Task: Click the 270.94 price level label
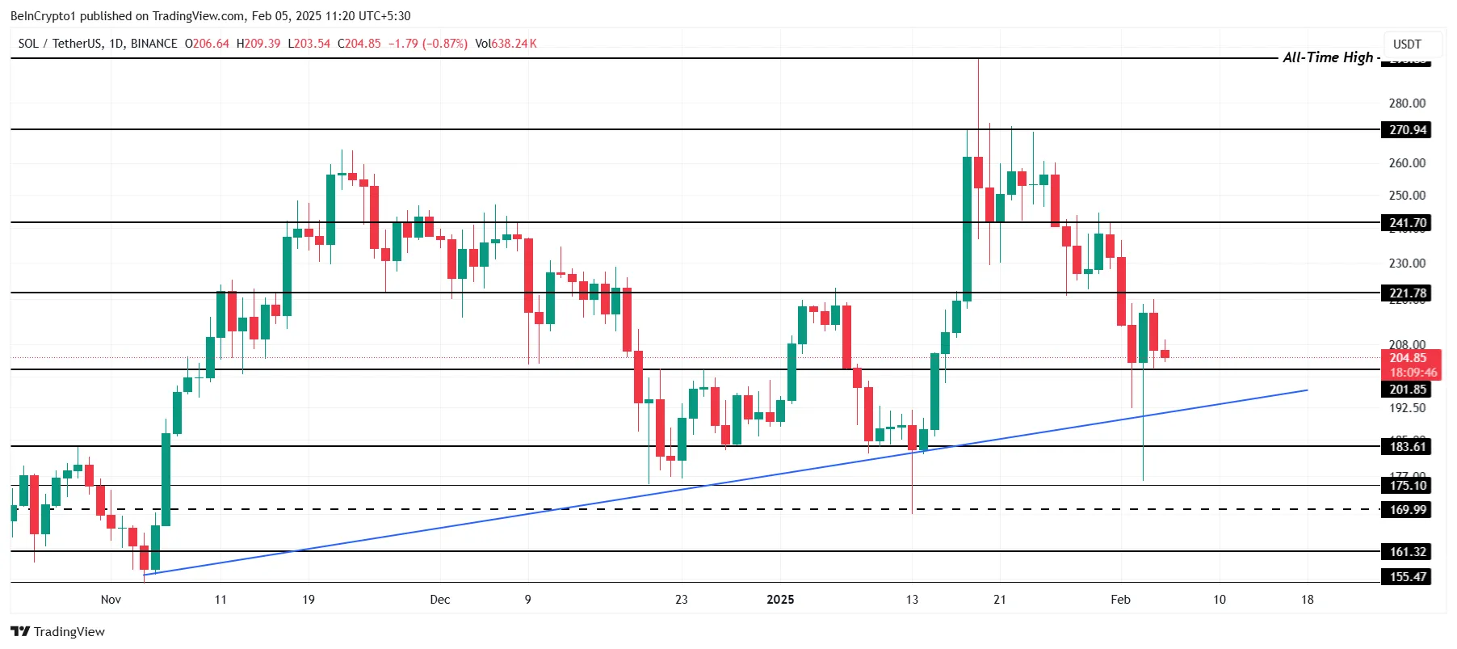1406,130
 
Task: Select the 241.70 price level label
1406,223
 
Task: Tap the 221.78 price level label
1406,293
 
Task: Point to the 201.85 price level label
1406,390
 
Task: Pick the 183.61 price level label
1406,447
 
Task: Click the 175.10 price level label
1406,486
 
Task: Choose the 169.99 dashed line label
1406,510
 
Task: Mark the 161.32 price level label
1406,552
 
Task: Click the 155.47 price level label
1406,577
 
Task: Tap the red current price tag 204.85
1408,358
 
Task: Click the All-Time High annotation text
1328,57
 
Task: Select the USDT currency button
1407,44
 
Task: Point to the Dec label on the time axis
440,600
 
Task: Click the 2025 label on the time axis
780,600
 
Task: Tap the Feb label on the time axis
1120,600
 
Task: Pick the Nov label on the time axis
111,600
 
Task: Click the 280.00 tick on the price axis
1407,103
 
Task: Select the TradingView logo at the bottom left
58,632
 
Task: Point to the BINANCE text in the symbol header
153,44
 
